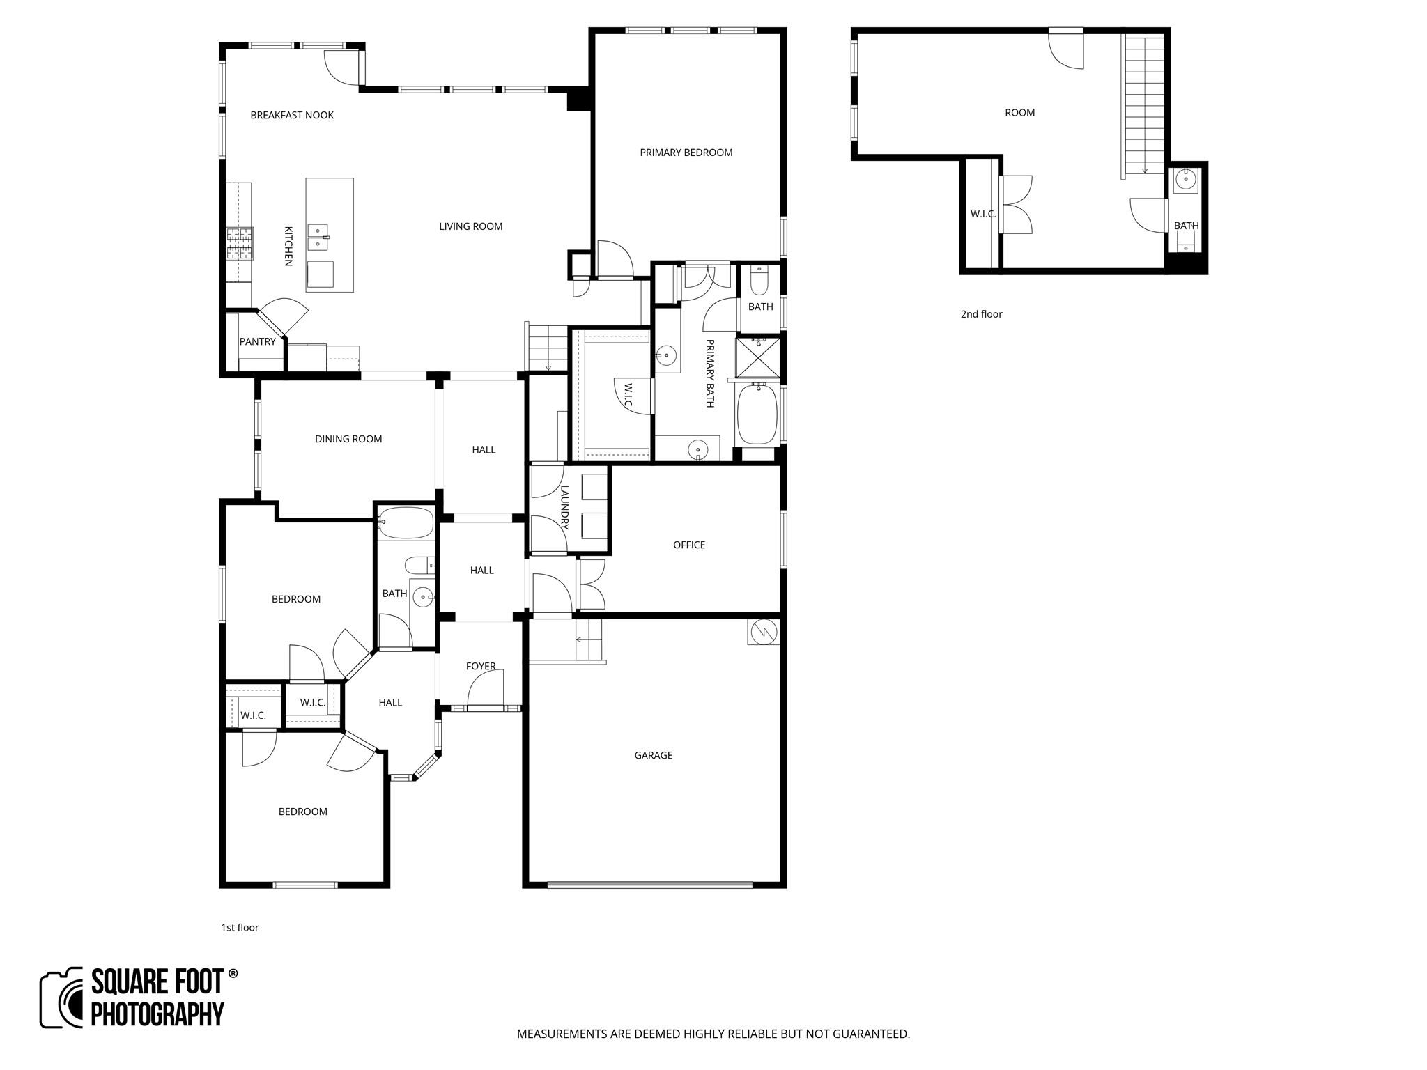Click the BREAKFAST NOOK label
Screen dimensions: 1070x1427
click(x=292, y=116)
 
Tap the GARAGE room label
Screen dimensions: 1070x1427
click(x=653, y=755)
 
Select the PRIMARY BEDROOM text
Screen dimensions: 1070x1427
click(x=686, y=153)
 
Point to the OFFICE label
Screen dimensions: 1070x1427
click(x=688, y=545)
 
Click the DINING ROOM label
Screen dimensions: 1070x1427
click(x=348, y=439)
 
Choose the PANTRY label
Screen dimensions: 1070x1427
click(x=257, y=341)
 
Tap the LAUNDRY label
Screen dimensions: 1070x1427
click(x=564, y=507)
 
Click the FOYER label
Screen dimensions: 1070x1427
click(x=481, y=666)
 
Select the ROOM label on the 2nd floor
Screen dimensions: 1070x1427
click(x=1019, y=113)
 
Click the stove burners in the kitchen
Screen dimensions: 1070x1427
click(x=238, y=244)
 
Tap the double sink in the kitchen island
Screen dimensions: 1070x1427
click(x=318, y=237)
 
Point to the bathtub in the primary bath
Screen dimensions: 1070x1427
click(x=757, y=415)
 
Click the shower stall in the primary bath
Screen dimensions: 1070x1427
click(x=757, y=357)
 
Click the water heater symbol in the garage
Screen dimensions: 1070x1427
click(x=763, y=632)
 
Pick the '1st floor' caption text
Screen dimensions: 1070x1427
click(x=240, y=928)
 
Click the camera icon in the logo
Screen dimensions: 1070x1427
click(x=63, y=998)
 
